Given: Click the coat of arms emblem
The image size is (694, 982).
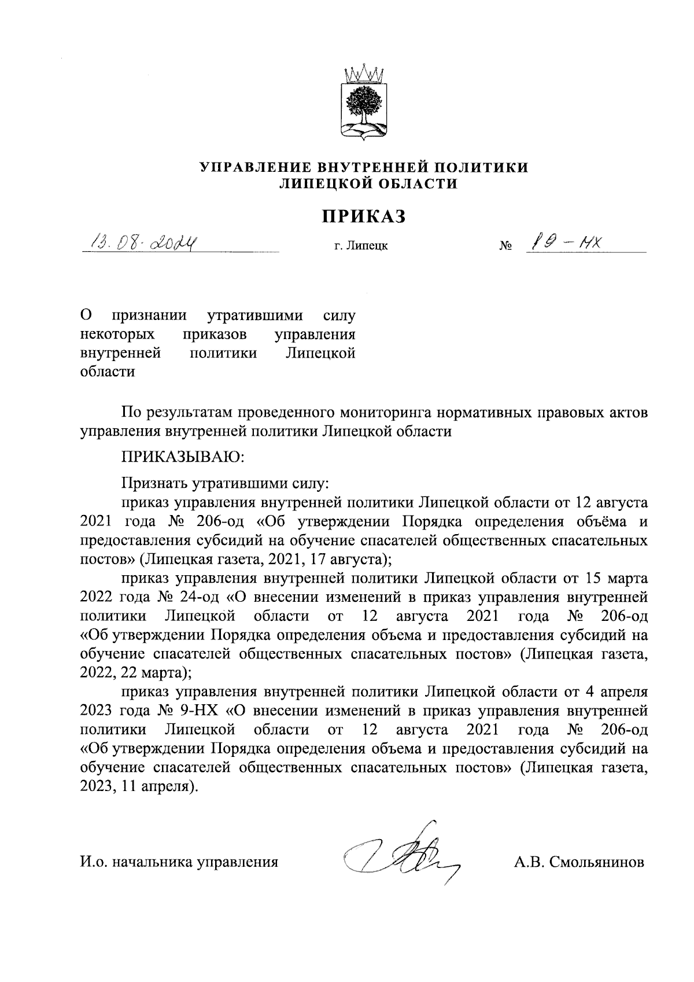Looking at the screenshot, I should click(x=364, y=104).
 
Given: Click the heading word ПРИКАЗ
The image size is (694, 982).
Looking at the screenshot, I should click(x=364, y=216).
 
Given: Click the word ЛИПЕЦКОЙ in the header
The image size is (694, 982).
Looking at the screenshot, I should click(x=321, y=184).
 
